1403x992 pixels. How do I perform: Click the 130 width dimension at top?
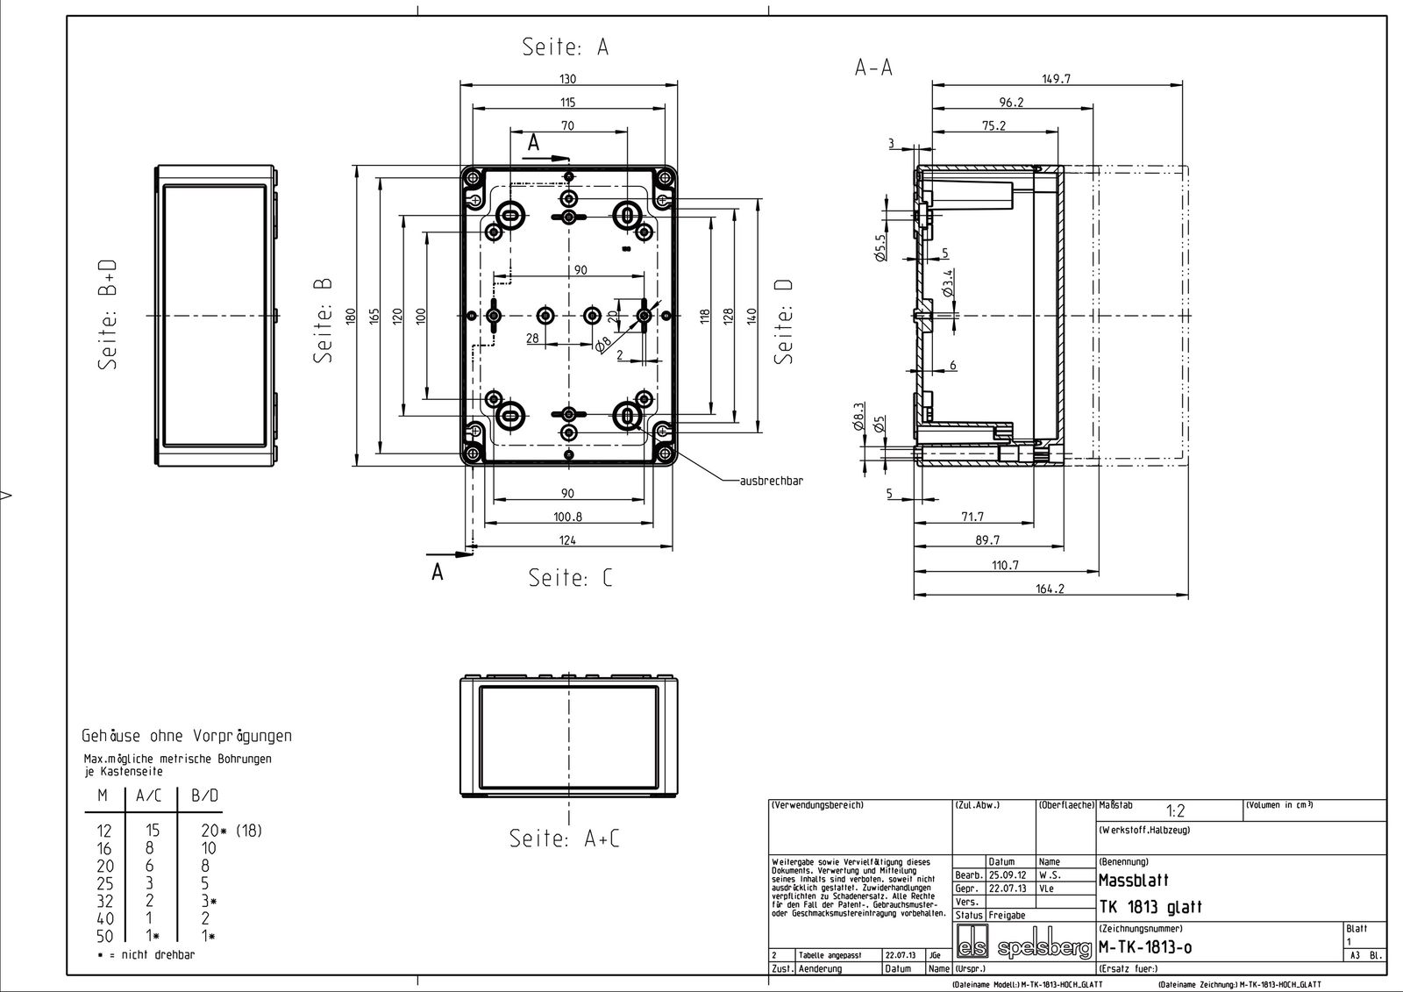click(x=567, y=79)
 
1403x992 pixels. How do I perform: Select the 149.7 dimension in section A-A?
click(x=1057, y=79)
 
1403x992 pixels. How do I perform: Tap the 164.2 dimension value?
click(x=1050, y=589)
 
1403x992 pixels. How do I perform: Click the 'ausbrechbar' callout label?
click(x=772, y=481)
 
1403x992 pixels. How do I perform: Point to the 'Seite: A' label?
click(x=566, y=46)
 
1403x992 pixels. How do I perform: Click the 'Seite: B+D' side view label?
click(x=109, y=314)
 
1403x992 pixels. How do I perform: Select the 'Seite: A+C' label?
click(x=565, y=839)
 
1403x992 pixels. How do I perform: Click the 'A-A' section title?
click(x=873, y=67)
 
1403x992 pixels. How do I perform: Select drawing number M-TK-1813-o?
click(x=1144, y=948)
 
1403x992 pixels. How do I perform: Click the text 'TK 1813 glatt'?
click(x=1150, y=907)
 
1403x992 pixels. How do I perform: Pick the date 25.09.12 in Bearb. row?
click(x=1008, y=875)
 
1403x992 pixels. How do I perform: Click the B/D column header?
click(x=204, y=796)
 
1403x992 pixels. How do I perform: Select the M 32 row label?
click(x=103, y=901)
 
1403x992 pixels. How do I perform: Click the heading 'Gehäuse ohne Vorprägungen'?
click(x=187, y=736)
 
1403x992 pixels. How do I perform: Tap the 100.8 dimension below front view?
click(x=566, y=517)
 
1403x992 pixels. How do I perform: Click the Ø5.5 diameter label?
click(x=880, y=246)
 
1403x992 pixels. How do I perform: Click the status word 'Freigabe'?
click(x=1007, y=915)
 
